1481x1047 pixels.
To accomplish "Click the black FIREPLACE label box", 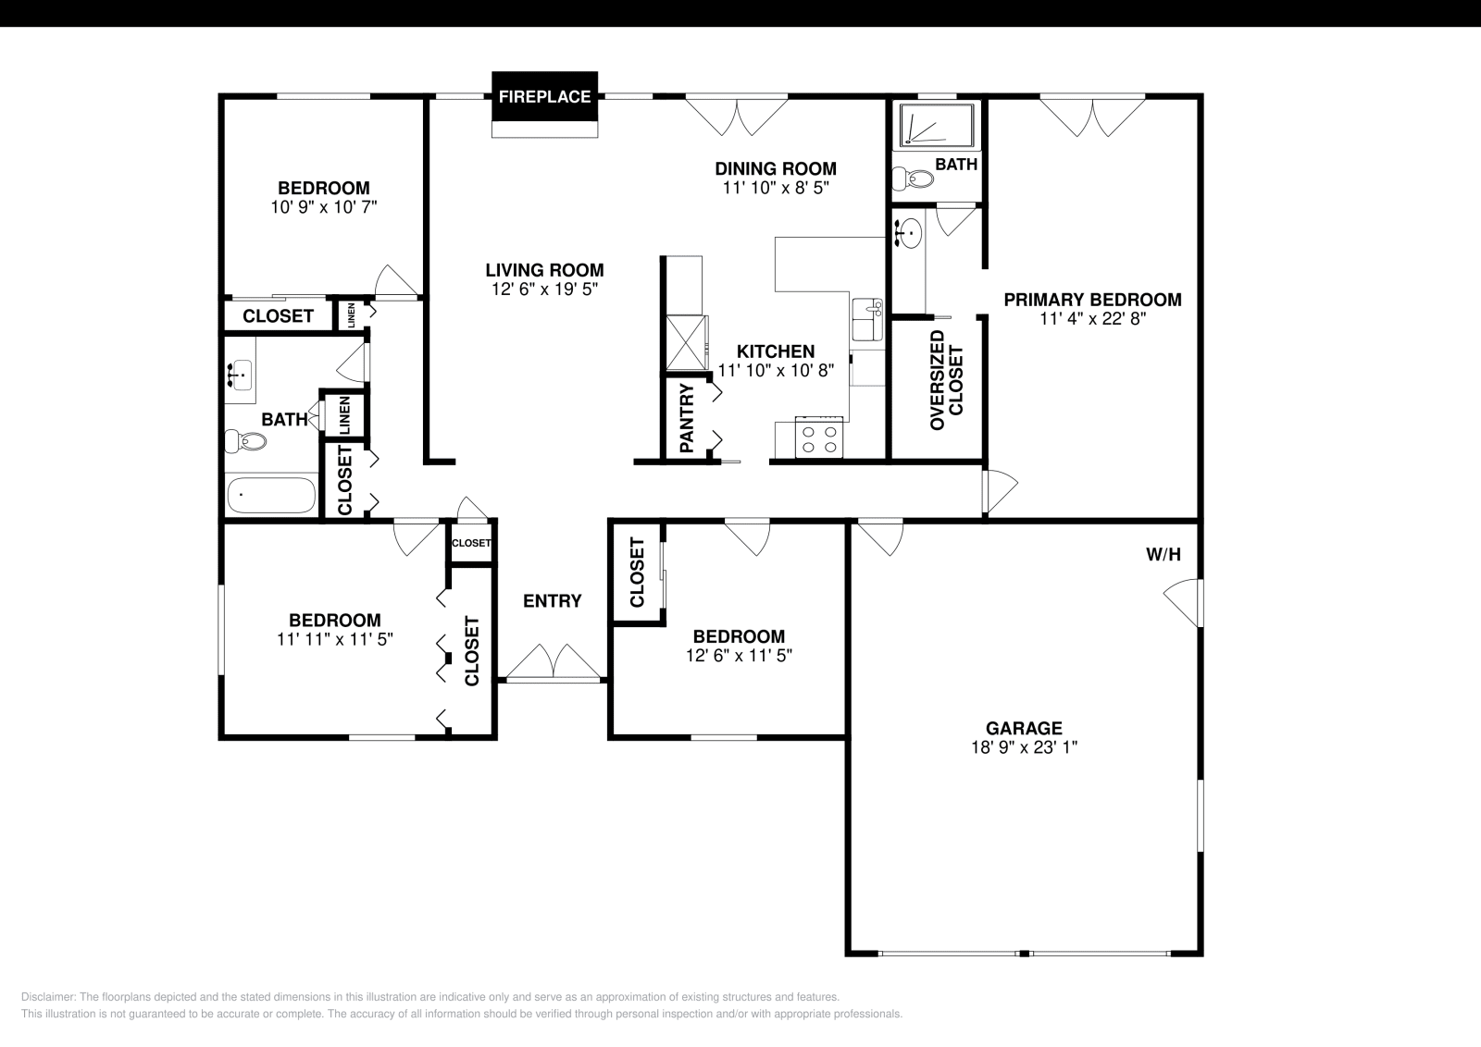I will click(544, 96).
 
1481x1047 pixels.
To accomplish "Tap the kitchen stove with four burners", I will click(820, 438).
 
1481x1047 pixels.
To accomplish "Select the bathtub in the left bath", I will click(271, 496).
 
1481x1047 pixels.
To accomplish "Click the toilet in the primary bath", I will click(912, 179).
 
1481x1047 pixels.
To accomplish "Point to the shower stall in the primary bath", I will click(937, 126).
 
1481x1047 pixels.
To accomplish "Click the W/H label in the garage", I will click(1164, 555).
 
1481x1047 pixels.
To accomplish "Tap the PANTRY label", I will click(687, 419).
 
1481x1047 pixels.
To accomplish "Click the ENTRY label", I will click(553, 601).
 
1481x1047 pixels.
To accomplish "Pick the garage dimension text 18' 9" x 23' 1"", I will click(1024, 747).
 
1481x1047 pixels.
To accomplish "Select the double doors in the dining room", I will click(737, 115).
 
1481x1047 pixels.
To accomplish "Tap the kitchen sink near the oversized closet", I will click(868, 319).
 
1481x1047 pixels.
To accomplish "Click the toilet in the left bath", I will click(245, 441).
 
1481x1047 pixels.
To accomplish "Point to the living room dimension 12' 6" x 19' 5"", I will click(544, 289).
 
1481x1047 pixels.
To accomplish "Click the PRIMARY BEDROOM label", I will click(1092, 300).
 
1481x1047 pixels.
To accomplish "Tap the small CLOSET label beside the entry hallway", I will click(471, 543).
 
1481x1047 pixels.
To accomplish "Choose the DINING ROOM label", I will click(776, 168).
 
